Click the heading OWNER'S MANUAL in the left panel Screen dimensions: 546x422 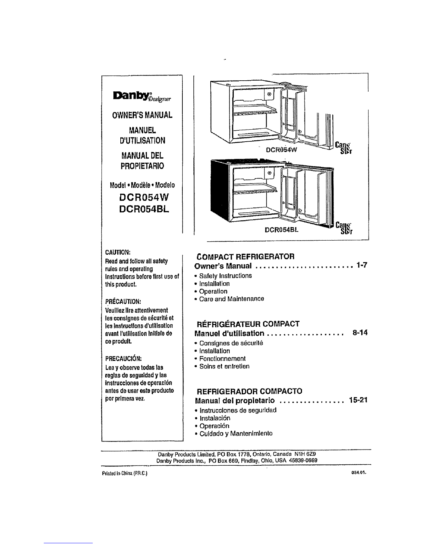[x=142, y=115]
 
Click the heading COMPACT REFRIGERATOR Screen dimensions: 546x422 [x=245, y=257]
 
